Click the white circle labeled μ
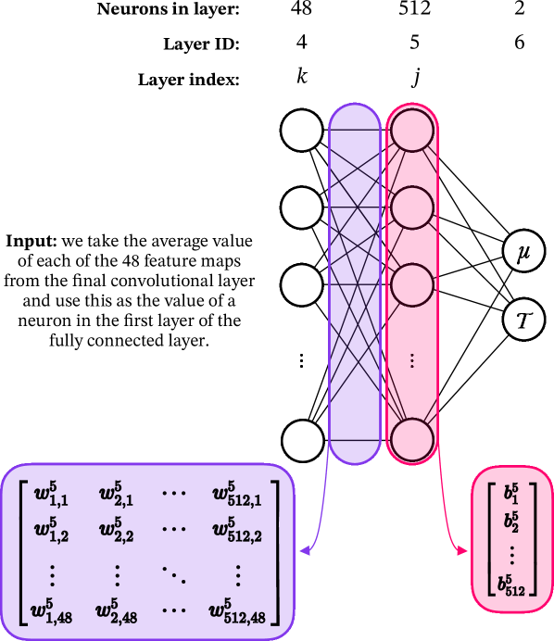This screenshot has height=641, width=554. click(x=523, y=252)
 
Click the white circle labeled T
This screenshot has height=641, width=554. click(x=523, y=320)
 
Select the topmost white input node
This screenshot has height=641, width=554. click(x=301, y=131)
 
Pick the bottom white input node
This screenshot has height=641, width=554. click(x=302, y=440)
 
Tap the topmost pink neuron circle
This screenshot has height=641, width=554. click(x=412, y=131)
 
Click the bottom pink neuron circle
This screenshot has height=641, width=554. click(x=412, y=439)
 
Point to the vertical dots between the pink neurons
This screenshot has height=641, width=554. click(x=412, y=361)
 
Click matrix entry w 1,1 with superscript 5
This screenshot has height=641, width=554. click(x=52, y=493)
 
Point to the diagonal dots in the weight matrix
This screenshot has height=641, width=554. click(x=174, y=573)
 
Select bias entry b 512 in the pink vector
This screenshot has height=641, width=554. click(x=511, y=584)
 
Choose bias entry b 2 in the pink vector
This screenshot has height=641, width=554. click(x=511, y=521)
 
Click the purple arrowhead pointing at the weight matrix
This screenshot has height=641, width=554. click(x=303, y=552)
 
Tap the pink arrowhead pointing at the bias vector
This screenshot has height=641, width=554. click(x=462, y=552)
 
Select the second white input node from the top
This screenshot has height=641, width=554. click(x=301, y=207)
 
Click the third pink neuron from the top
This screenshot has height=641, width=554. click(x=412, y=284)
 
